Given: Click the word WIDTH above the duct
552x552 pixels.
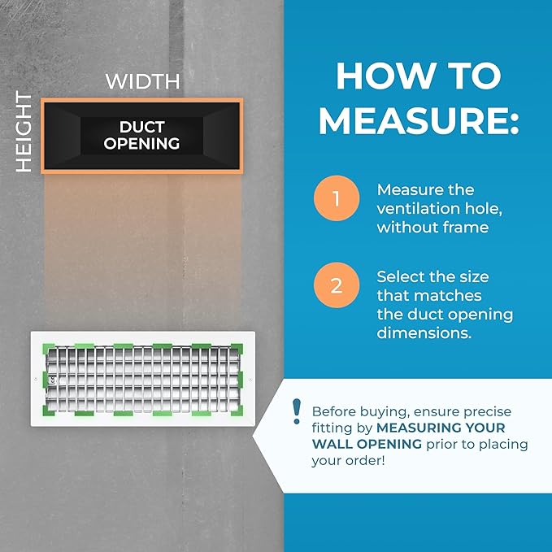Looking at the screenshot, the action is click(142, 81).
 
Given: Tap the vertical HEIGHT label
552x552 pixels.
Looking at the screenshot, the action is click(24, 132).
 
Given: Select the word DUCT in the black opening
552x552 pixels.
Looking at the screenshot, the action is click(142, 127).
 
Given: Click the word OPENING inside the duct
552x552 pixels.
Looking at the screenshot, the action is click(141, 144).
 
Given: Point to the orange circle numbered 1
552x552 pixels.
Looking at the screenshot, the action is click(337, 198).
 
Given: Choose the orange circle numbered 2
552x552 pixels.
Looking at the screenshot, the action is click(337, 285).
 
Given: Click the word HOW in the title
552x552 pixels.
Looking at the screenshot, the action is click(385, 76).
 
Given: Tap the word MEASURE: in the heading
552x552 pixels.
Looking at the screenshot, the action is click(419, 120).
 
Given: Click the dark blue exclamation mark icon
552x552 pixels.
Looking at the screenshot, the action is click(297, 411).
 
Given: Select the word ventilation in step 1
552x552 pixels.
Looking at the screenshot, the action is click(418, 208).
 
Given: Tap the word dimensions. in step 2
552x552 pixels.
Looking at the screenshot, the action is click(424, 333).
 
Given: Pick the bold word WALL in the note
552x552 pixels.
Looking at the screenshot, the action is click(333, 444).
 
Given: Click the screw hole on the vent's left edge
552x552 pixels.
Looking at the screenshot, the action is click(36, 379).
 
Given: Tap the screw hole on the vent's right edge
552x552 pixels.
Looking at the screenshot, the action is click(250, 380).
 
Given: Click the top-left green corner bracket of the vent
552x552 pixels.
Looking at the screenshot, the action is click(48, 349).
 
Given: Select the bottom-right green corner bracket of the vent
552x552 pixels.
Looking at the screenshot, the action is click(237, 411).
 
